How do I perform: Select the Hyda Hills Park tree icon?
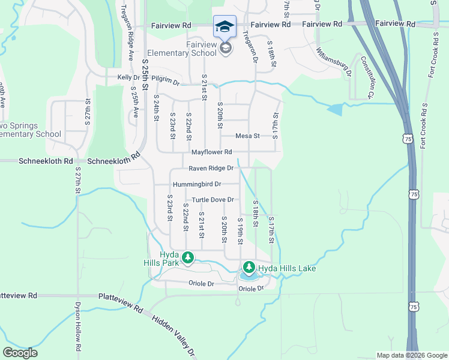tap(188, 257)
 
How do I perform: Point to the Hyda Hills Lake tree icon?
tap(249, 266)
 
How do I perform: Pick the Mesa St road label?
tap(247, 136)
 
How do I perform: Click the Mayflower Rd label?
tap(211, 152)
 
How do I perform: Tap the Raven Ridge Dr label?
tap(211, 169)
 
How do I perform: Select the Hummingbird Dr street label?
tap(197, 184)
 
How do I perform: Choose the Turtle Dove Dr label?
tap(212, 200)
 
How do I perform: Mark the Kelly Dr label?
tap(128, 77)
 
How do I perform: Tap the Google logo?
tap(20, 353)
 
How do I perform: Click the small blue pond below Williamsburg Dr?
tap(335, 109)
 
